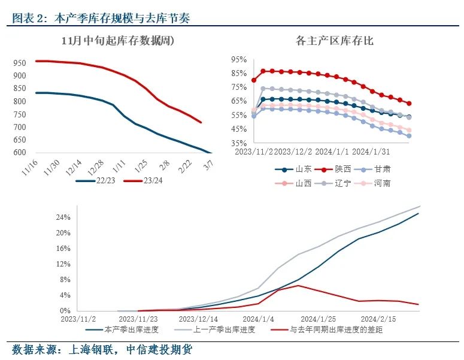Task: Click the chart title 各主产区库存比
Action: click(x=335, y=41)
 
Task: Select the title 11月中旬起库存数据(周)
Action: click(x=122, y=41)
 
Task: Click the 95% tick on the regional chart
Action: click(x=239, y=60)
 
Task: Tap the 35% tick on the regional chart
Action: click(x=239, y=144)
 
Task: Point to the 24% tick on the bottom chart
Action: click(x=63, y=217)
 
